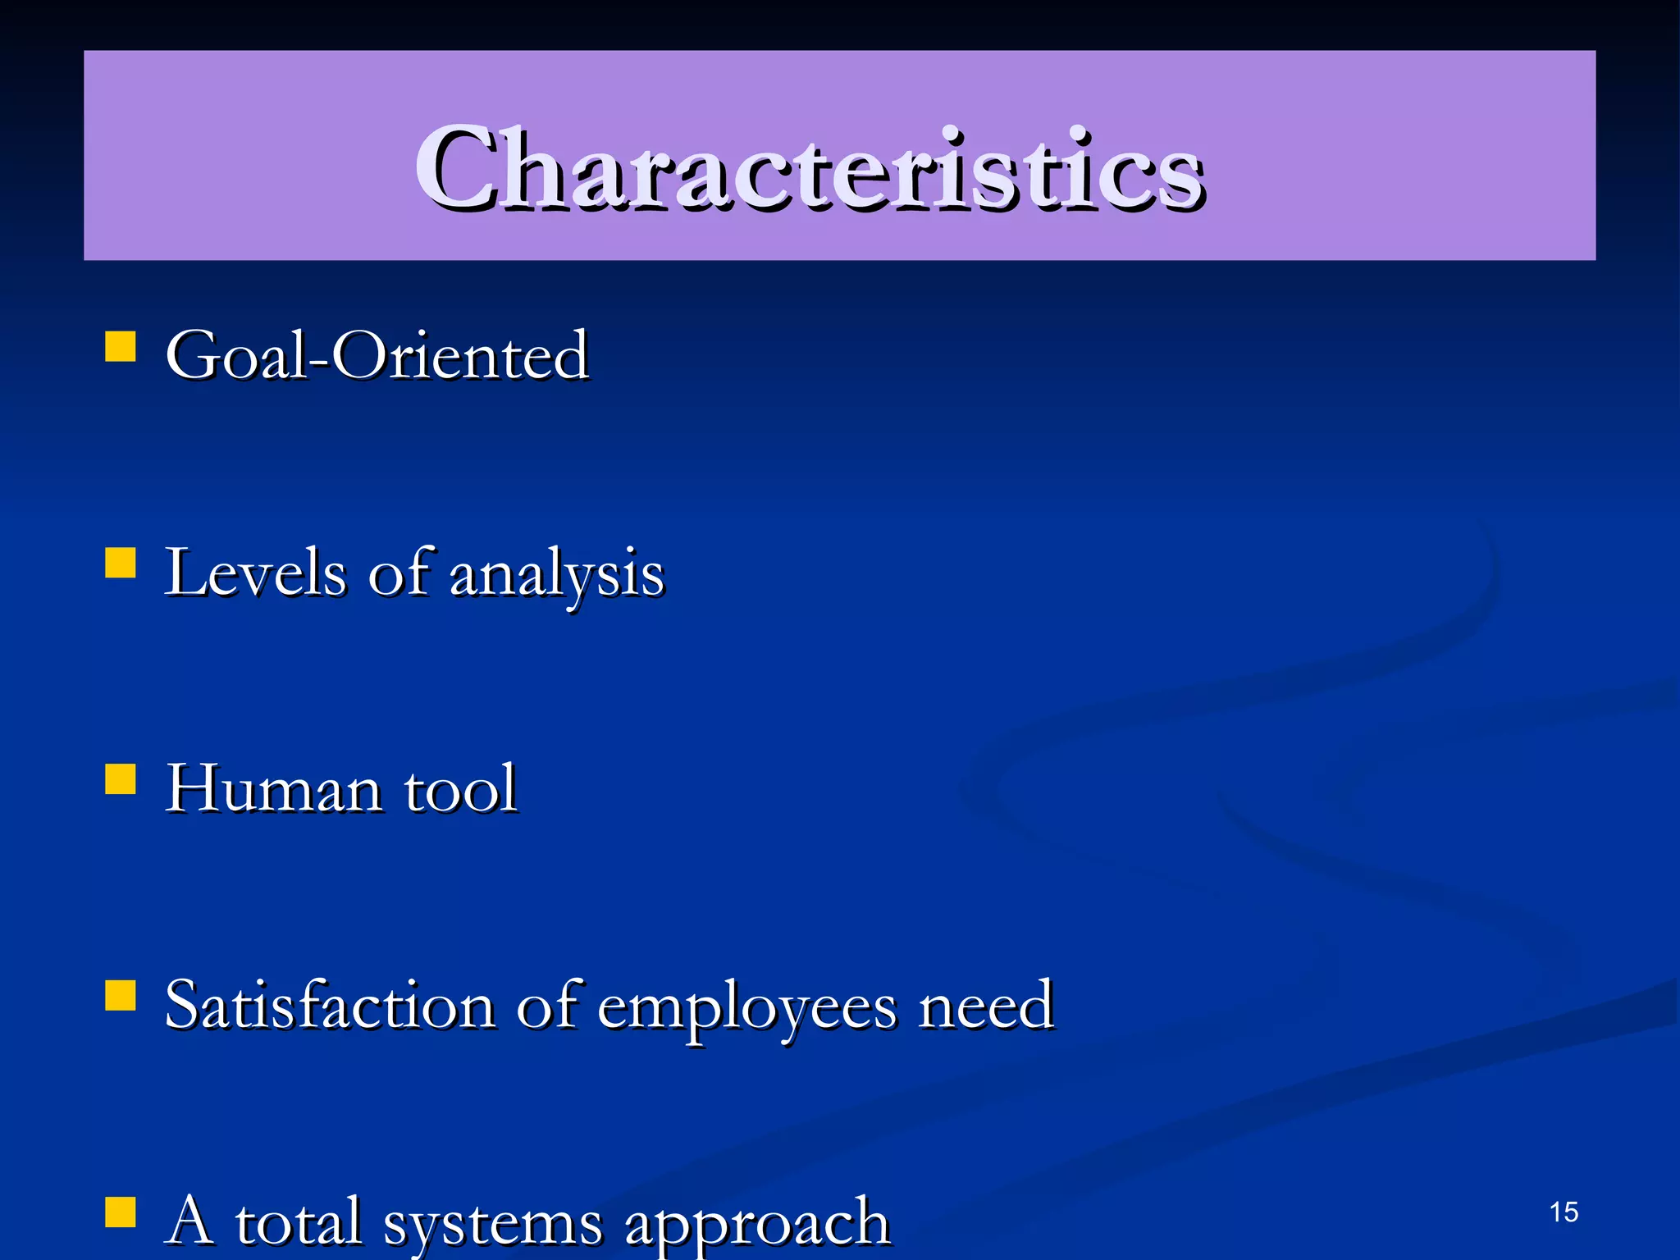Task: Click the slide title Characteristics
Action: click(x=809, y=169)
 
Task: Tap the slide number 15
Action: click(x=1564, y=1212)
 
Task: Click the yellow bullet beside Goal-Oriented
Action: click(x=121, y=346)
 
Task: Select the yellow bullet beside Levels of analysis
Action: click(x=121, y=564)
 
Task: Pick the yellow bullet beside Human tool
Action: click(x=121, y=779)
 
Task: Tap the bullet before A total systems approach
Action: click(x=121, y=1212)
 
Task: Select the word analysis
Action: click(x=557, y=574)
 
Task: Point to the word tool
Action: click(x=460, y=790)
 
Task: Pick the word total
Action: click(x=299, y=1221)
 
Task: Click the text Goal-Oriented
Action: click(x=377, y=356)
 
